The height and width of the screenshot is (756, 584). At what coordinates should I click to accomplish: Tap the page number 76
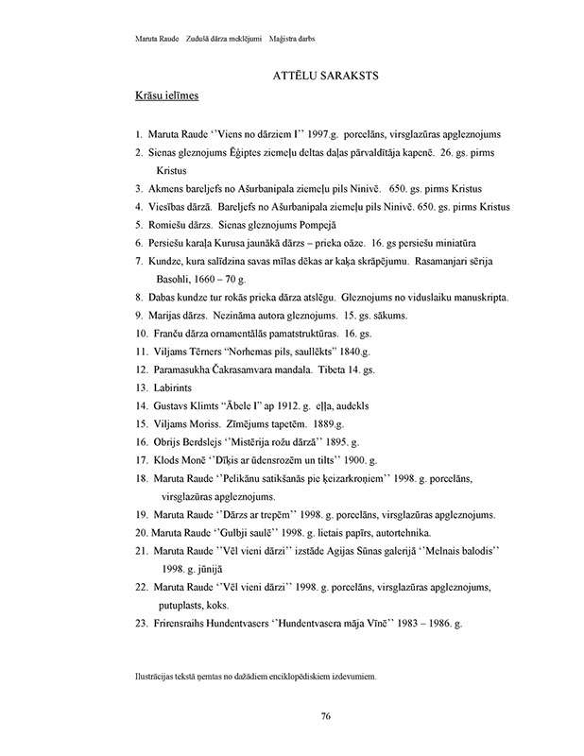pyautogui.click(x=324, y=716)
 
